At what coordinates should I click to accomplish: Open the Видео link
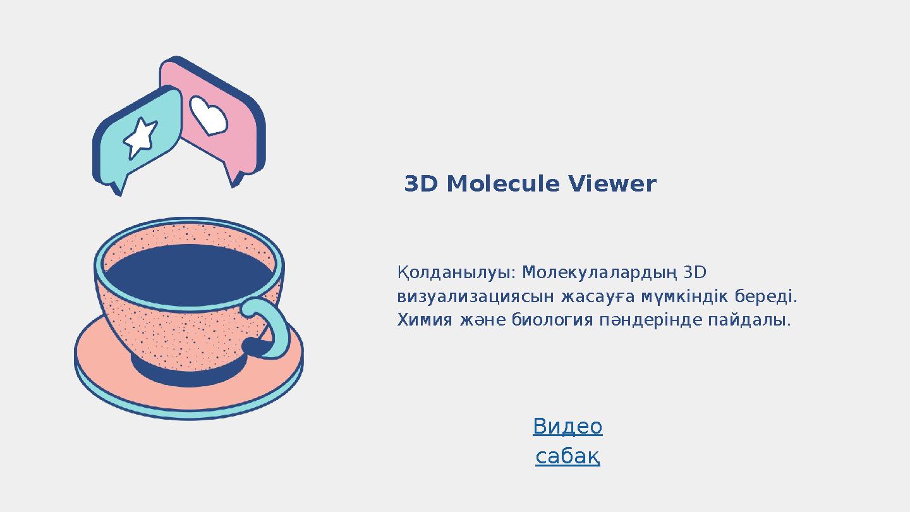(567, 427)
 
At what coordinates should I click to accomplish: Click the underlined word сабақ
(567, 456)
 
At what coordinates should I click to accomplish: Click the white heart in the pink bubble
(208, 116)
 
